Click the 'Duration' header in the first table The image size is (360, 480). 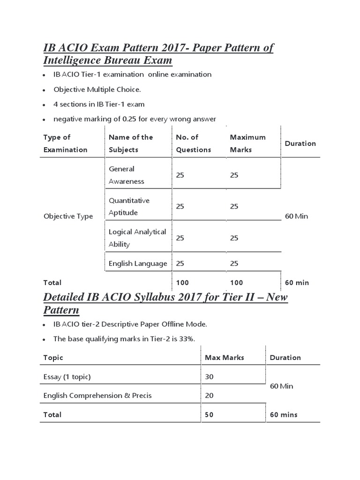click(300, 143)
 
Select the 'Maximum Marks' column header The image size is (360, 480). click(247, 143)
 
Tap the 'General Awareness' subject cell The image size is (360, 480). click(126, 175)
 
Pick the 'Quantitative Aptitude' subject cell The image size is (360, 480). click(129, 207)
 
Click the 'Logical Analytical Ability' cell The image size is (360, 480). click(137, 238)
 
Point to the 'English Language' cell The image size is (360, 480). click(138, 263)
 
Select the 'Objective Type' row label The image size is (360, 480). click(68, 217)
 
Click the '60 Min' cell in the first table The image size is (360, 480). click(296, 217)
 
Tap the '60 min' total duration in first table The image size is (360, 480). click(297, 283)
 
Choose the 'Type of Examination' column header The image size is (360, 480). click(65, 143)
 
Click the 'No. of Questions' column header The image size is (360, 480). click(193, 143)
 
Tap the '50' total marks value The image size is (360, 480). click(210, 415)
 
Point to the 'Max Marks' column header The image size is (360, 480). click(225, 357)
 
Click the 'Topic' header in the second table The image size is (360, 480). click(53, 357)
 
